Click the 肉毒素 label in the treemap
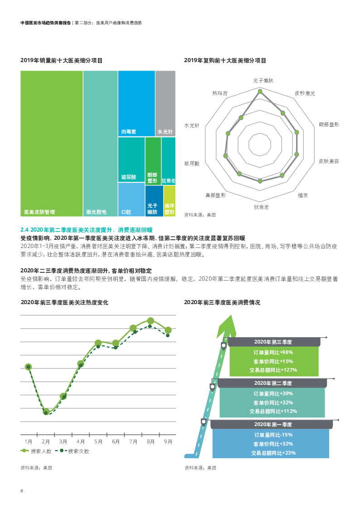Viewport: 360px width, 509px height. (x=128, y=132)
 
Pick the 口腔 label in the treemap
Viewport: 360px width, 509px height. (x=126, y=212)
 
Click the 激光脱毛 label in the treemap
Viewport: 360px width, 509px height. (x=96, y=212)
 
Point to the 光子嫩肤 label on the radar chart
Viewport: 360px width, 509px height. (x=263, y=81)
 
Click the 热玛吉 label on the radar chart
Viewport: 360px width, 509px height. (x=219, y=93)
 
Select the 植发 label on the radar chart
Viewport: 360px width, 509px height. (x=303, y=195)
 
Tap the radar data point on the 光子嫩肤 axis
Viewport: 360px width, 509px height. (x=260, y=92)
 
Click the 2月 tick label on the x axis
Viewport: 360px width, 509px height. (x=46, y=441)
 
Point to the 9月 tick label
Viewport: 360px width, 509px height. (x=168, y=441)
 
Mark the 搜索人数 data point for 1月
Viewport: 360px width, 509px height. (x=28, y=367)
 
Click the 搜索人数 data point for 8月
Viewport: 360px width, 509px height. (x=151, y=321)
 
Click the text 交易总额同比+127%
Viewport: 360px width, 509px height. (x=273, y=370)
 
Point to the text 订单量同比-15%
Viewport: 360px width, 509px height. (x=273, y=434)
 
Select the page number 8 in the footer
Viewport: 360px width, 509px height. (x=22, y=490)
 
